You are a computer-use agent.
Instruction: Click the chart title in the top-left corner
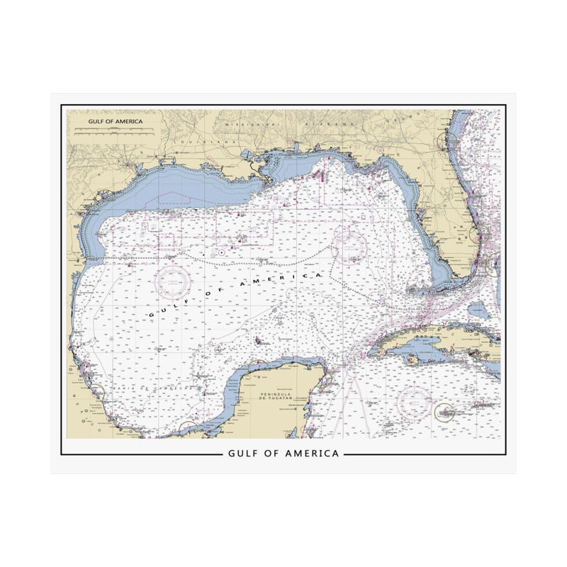pos(115,121)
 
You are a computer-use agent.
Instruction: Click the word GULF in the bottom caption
pos(245,453)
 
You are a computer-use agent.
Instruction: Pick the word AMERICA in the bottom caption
pos(313,453)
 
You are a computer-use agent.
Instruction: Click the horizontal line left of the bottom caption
pos(142,453)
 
